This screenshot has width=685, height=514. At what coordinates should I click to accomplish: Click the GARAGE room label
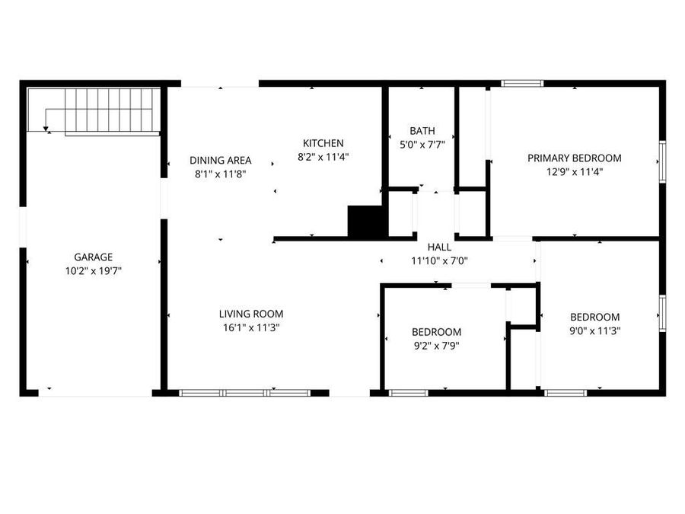click(94, 257)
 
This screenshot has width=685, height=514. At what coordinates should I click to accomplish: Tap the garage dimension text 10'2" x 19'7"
click(94, 271)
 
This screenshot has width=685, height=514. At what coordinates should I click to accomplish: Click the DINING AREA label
click(220, 160)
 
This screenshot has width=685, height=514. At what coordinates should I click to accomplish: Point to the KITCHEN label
click(323, 143)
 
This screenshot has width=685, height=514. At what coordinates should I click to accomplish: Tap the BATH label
click(422, 131)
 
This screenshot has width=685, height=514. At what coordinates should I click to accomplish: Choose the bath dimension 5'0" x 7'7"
click(422, 144)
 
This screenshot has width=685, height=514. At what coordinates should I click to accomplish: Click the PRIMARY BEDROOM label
click(575, 158)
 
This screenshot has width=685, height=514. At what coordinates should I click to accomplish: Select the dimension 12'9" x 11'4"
click(575, 171)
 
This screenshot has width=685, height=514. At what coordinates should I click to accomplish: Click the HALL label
click(439, 247)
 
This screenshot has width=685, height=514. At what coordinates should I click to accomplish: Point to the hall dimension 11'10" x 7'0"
click(439, 260)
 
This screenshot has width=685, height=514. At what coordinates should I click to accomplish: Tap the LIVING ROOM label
click(251, 314)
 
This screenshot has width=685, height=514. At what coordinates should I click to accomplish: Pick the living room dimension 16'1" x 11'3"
click(251, 327)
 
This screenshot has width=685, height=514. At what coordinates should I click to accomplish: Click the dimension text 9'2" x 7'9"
click(436, 345)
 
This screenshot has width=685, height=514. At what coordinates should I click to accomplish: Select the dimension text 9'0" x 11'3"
click(595, 330)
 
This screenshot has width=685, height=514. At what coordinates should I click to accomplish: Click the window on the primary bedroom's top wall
click(522, 83)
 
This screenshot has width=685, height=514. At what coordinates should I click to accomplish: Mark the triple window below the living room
click(244, 393)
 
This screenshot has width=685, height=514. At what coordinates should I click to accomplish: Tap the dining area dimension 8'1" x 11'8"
click(220, 173)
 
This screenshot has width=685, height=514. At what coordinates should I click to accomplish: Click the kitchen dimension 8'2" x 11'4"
click(323, 157)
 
